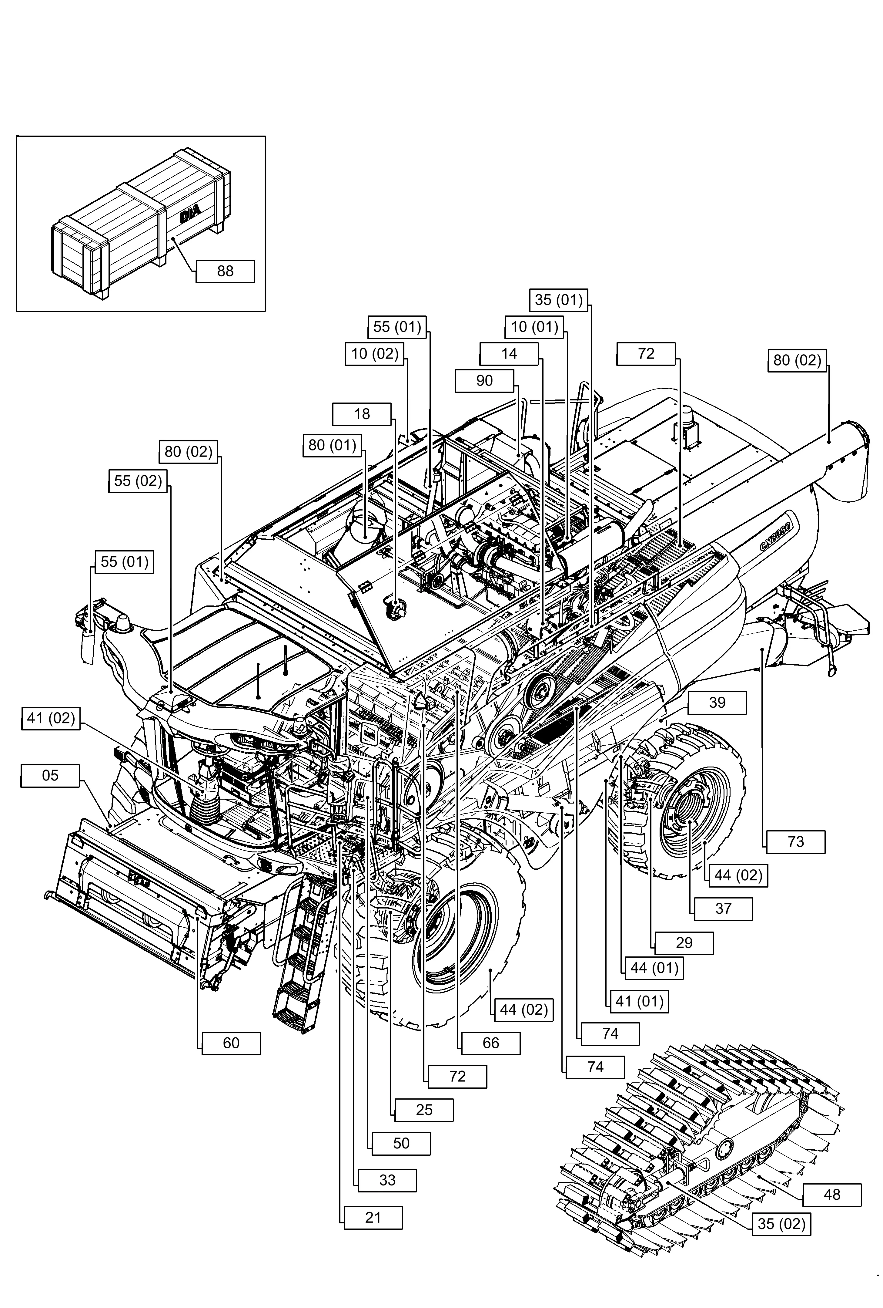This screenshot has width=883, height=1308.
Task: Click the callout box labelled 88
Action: [225, 271]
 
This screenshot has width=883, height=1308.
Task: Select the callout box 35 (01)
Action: [558, 299]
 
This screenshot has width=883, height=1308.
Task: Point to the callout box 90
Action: [484, 380]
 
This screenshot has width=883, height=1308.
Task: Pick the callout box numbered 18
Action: [362, 414]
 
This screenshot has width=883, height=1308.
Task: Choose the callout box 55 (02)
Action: [138, 481]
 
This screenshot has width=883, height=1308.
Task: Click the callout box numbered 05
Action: [50, 776]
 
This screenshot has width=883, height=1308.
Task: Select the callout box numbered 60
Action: [231, 1043]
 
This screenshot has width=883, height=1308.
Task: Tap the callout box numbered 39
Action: [717, 703]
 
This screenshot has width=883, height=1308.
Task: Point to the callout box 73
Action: [796, 842]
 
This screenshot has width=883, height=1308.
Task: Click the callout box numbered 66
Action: [490, 1043]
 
